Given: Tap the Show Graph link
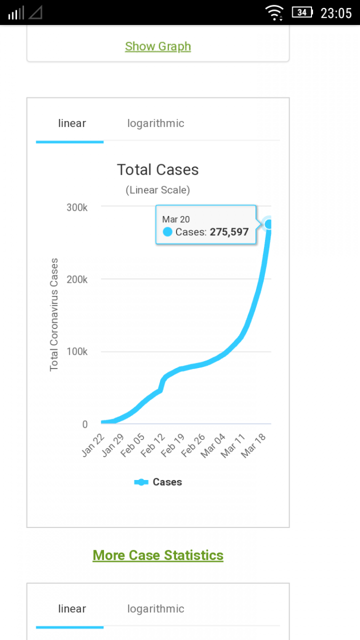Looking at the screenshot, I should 158,46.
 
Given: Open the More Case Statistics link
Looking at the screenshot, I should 158,555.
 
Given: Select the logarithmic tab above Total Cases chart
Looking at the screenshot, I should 156,123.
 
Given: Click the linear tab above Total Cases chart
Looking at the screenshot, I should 72,123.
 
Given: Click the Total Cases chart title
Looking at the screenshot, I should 158,170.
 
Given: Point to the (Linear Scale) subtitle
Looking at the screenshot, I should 158,190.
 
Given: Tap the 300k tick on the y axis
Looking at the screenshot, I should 77,207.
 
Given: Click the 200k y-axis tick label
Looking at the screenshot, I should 77,279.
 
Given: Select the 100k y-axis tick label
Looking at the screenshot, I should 77,352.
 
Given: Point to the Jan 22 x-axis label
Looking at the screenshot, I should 93,445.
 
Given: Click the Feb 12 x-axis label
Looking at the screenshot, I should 153,445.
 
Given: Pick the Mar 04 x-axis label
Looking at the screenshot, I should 213,445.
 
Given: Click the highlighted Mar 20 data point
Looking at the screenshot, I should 269,225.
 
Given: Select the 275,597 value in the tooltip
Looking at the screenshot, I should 229,232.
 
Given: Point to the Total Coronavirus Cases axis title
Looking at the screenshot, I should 54,315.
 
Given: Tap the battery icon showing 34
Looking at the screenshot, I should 302,12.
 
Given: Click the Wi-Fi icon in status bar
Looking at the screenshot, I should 275,12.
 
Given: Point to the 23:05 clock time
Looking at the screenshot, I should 336,13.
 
